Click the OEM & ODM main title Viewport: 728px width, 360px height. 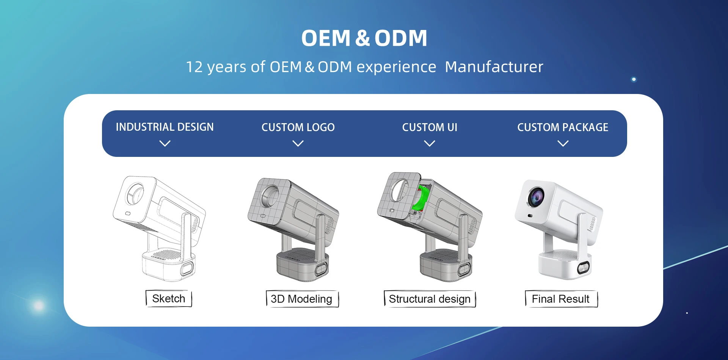(364, 38)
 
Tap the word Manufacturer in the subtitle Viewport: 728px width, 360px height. (494, 67)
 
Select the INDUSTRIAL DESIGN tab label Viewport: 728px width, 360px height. (165, 127)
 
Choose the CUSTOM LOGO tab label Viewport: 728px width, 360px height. (298, 127)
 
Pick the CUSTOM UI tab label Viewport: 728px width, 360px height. (430, 127)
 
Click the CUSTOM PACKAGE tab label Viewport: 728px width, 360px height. (563, 127)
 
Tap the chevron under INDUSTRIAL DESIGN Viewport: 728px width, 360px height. (165, 143)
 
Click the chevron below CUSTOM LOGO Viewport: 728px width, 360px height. (298, 143)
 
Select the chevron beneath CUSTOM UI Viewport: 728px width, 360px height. (430, 143)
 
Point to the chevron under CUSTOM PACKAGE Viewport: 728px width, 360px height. (563, 143)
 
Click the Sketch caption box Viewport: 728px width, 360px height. (169, 299)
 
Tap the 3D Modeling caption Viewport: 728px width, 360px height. (302, 299)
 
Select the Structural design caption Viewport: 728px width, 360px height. (430, 299)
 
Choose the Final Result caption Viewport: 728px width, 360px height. (561, 299)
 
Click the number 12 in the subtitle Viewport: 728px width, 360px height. (194, 67)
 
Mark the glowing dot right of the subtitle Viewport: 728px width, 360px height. (634, 79)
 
